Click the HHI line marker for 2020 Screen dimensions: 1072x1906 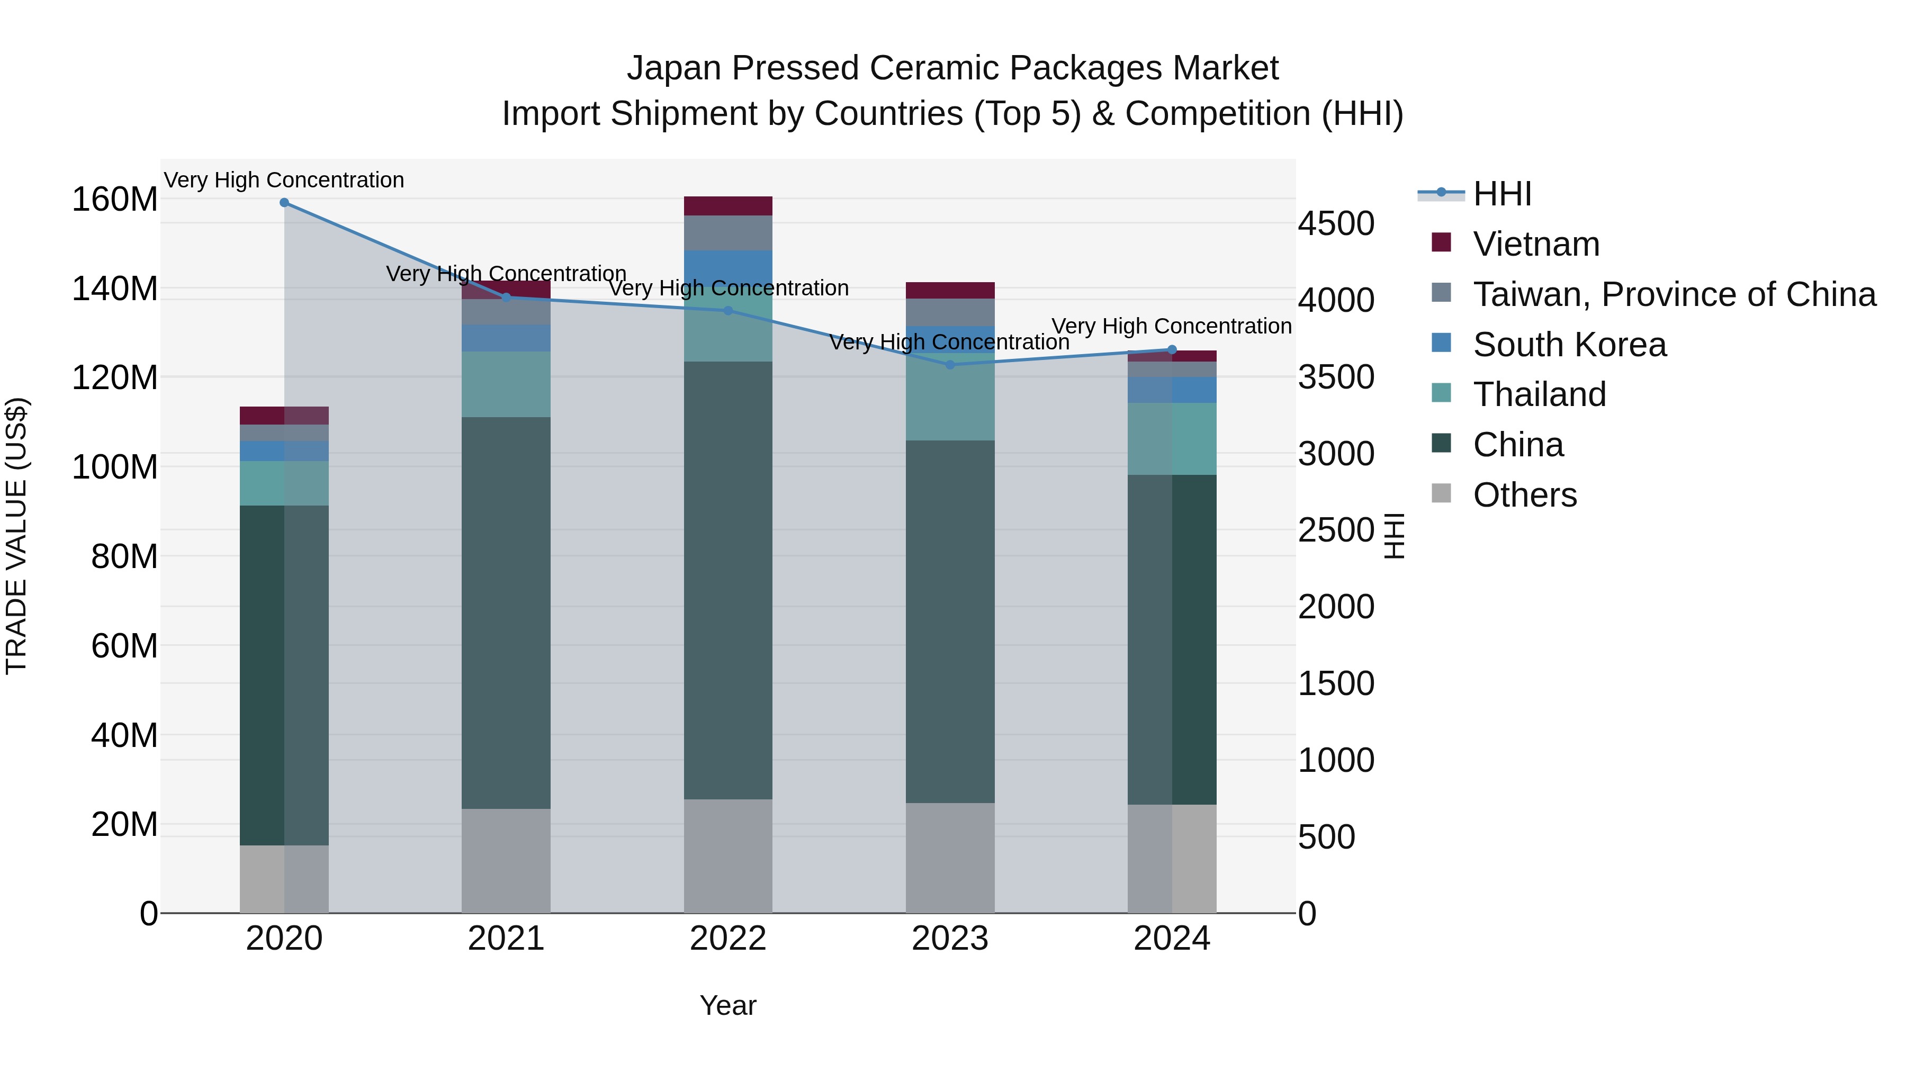coord(284,203)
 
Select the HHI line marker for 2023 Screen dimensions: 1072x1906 coord(950,365)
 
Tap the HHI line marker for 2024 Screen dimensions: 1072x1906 coord(1172,350)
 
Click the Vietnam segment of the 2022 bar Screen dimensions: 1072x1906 coord(728,206)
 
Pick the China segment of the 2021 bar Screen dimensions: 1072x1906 coord(506,612)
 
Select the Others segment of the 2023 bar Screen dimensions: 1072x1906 coord(950,858)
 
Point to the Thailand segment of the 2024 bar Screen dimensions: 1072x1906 coord(1172,439)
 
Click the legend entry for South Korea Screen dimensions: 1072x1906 coord(1569,345)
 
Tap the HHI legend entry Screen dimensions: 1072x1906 coord(1502,194)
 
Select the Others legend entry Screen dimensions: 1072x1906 coord(1524,495)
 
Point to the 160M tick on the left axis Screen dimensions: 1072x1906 coord(115,200)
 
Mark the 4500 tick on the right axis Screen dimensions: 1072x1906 coord(1336,223)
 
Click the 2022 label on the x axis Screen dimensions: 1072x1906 coord(728,939)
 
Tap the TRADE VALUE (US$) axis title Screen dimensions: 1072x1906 coord(16,536)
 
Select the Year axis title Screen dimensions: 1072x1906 coord(728,1005)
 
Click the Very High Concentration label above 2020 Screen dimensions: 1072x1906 coord(284,180)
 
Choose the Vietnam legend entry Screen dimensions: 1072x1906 coord(1536,244)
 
